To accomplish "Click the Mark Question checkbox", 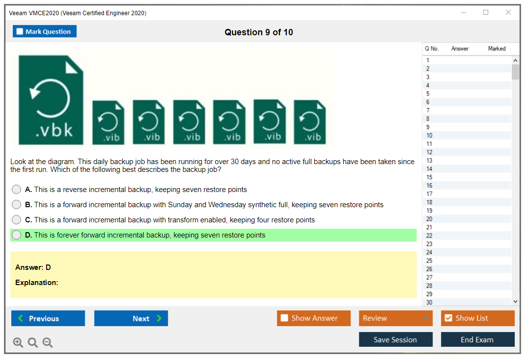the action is [20, 31].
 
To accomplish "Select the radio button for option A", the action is [17, 190].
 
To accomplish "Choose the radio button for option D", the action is [17, 235].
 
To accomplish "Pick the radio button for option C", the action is [17, 219].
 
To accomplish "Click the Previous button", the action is [48, 318].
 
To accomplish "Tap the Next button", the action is [131, 318].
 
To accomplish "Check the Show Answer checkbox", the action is [284, 318].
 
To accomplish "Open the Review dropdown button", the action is [396, 318].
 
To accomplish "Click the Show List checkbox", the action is [449, 318].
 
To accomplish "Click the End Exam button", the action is [477, 339].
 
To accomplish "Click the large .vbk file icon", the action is [51, 100].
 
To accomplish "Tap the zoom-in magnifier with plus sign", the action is [18, 342].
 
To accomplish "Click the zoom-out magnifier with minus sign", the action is [48, 342].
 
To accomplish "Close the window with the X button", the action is [508, 12].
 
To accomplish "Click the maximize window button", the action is [486, 12].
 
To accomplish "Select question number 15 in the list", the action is [429, 177].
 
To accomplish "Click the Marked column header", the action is [497, 48].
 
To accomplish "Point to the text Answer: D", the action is [33, 267].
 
